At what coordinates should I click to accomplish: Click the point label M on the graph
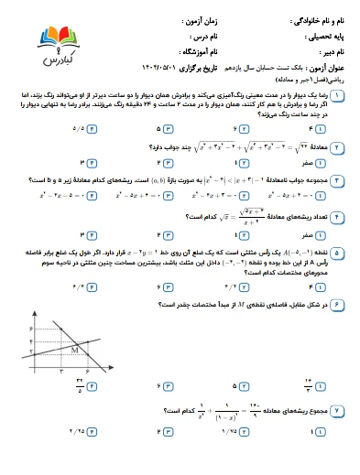[x=72, y=349]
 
